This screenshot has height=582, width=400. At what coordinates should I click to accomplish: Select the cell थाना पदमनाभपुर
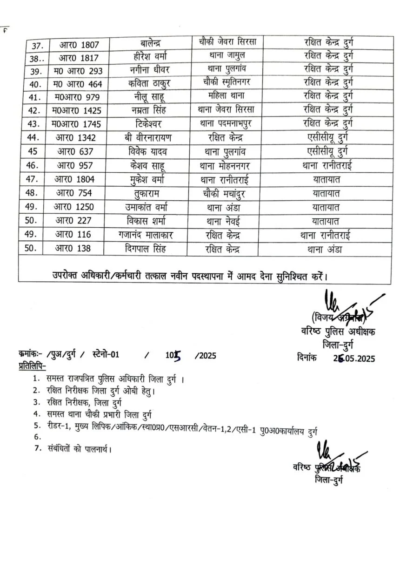click(x=227, y=124)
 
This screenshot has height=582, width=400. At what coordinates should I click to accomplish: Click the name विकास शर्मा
click(x=148, y=220)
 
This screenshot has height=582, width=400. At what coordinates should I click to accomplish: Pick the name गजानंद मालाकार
click(x=148, y=235)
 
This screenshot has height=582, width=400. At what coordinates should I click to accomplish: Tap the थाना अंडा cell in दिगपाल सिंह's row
click(x=324, y=249)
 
